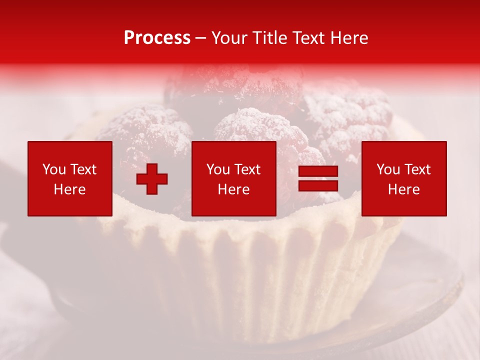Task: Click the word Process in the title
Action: [157, 38]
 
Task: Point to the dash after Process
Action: [201, 38]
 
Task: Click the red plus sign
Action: [152, 179]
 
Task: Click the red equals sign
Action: [318, 179]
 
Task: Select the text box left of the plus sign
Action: [70, 178]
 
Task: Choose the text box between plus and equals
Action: [234, 178]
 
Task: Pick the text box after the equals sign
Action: [404, 178]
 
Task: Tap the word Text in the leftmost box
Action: [83, 169]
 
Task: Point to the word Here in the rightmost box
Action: [404, 189]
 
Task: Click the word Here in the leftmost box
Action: [70, 189]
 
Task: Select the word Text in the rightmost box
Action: [417, 169]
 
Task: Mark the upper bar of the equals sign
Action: [318, 172]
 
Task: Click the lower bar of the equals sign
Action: [318, 186]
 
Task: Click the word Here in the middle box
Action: [234, 189]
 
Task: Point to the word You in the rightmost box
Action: [388, 169]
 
